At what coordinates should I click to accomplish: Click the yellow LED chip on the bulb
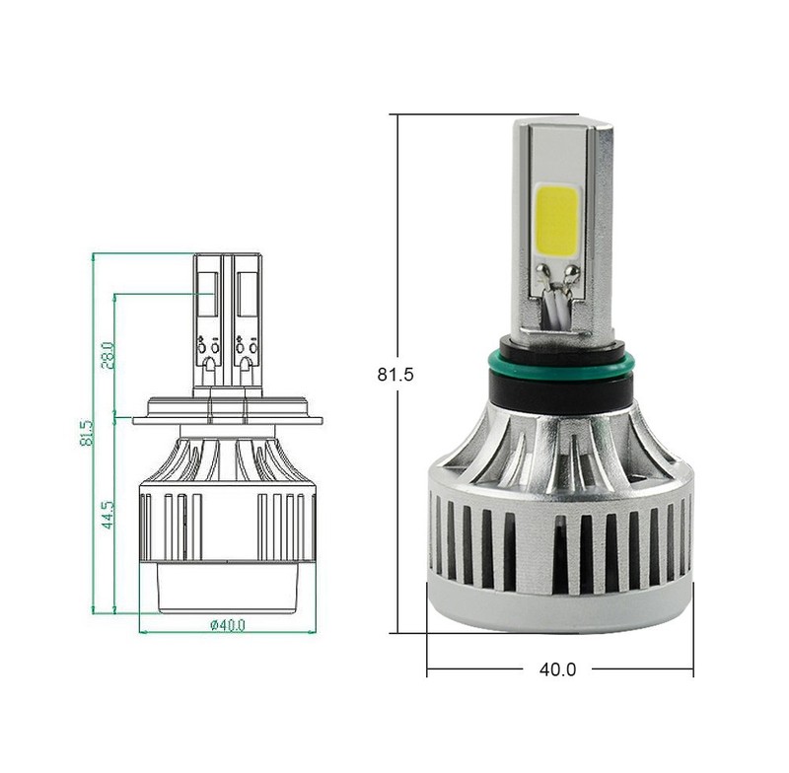click(557, 220)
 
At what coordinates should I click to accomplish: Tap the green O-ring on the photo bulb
click(560, 364)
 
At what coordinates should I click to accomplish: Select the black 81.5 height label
click(395, 375)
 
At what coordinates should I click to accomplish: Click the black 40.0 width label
click(557, 669)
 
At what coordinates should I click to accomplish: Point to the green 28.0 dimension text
click(108, 355)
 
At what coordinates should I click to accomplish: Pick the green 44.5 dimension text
click(108, 514)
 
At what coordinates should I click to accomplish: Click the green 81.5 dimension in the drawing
click(87, 433)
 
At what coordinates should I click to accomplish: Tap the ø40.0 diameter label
click(228, 625)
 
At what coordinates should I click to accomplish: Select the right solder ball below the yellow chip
click(571, 272)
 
